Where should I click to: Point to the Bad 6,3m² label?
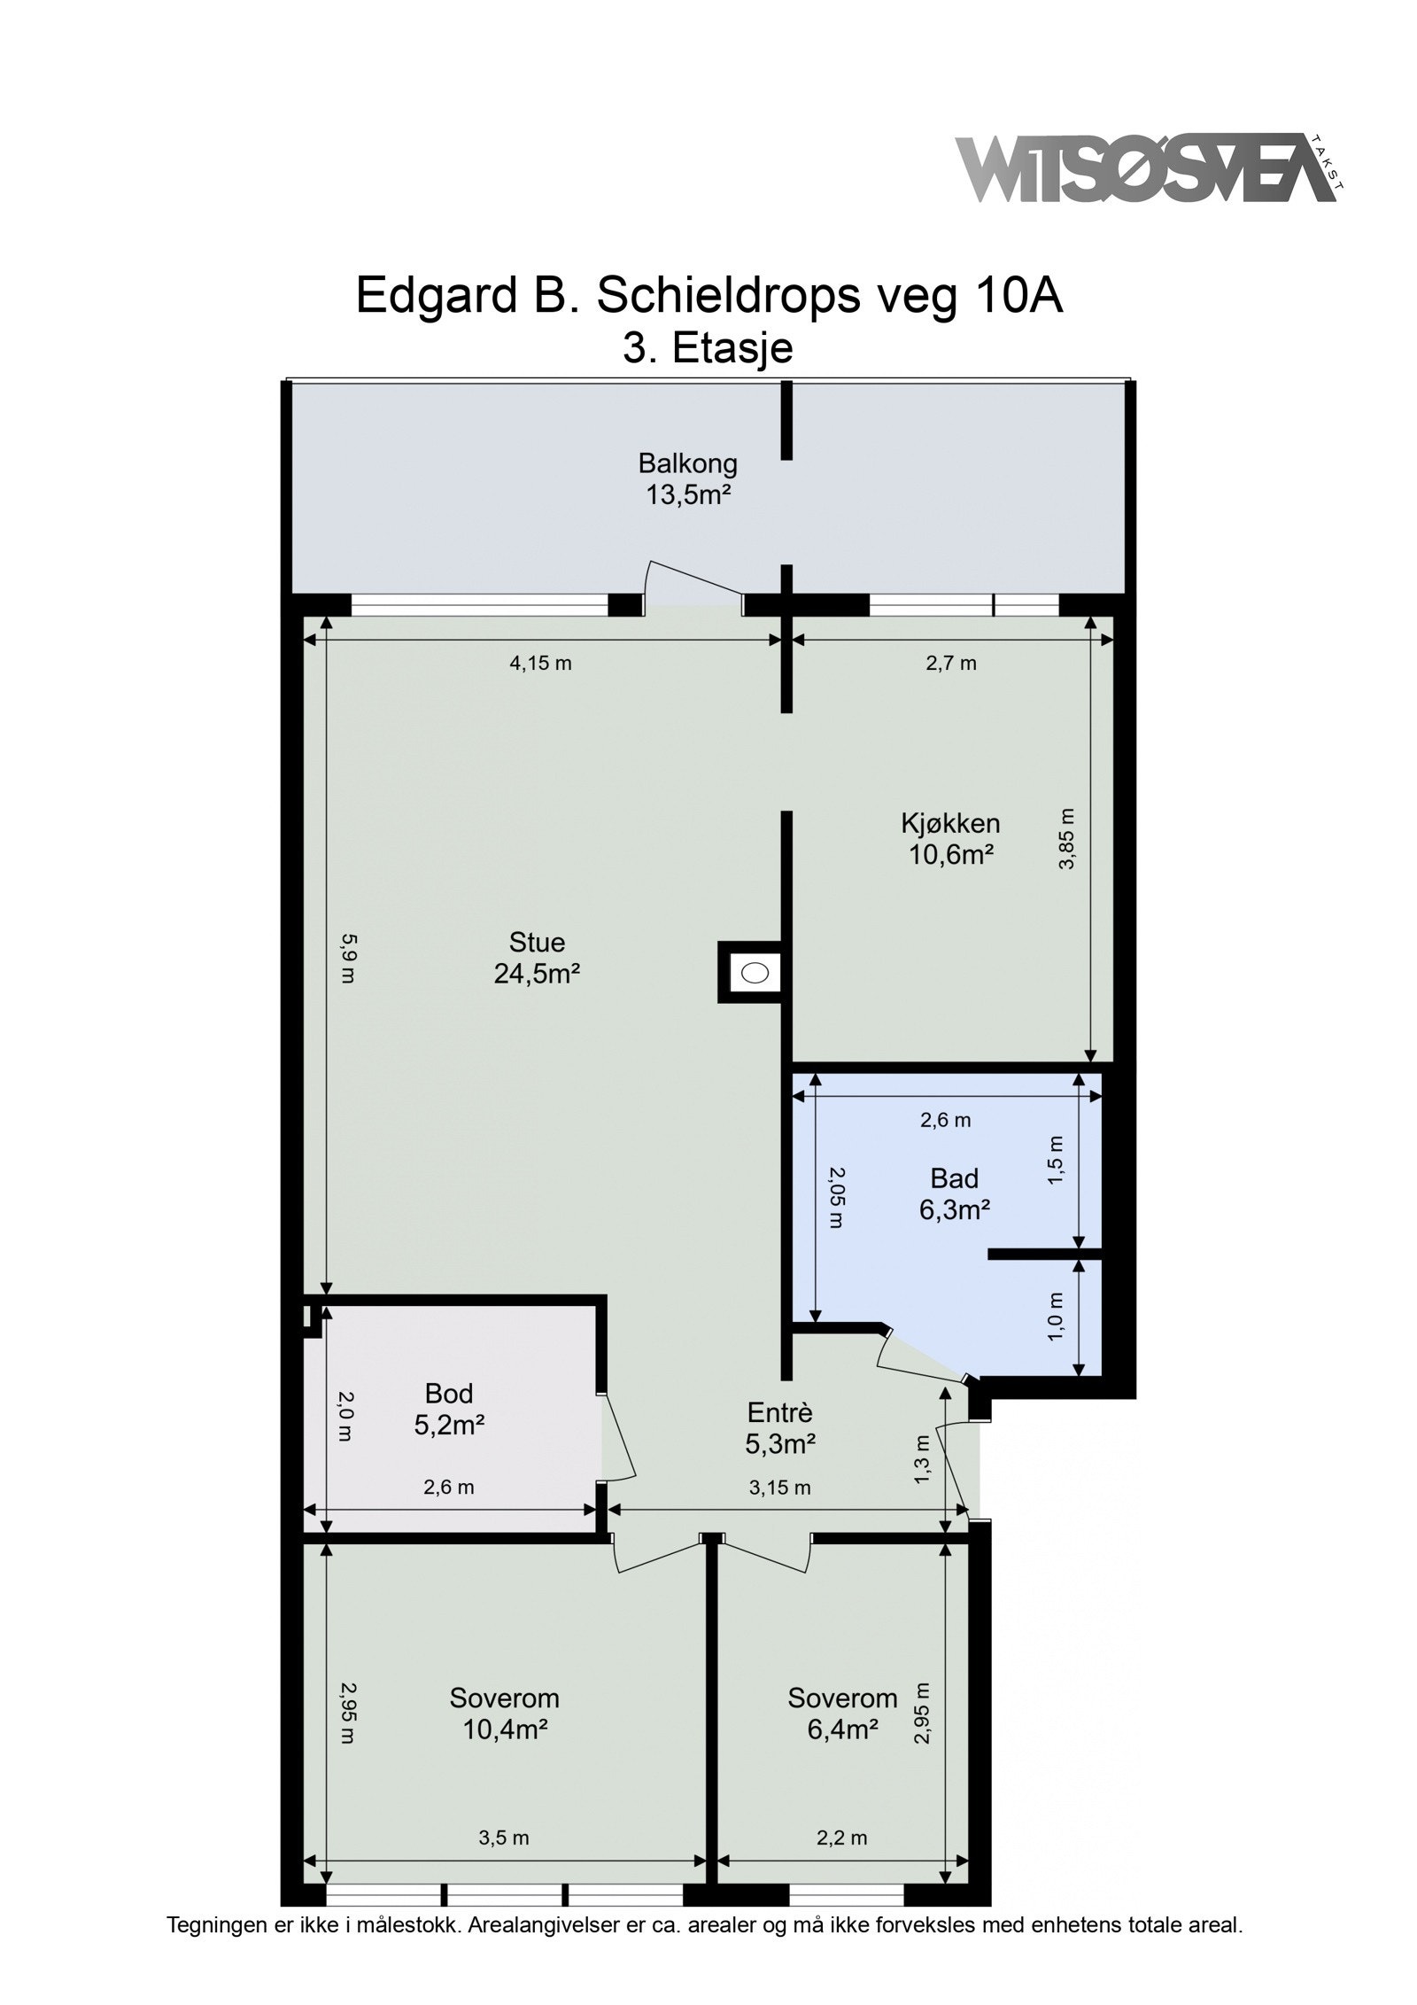pyautogui.click(x=954, y=1193)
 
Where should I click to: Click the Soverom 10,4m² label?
pyautogui.click(x=504, y=1713)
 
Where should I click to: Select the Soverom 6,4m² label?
pyautogui.click(x=842, y=1713)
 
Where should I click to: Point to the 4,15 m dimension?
pyautogui.click(x=540, y=663)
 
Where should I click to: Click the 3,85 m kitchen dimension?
pyautogui.click(x=1067, y=838)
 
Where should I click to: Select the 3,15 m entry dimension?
pyautogui.click(x=779, y=1488)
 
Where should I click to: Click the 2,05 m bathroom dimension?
pyautogui.click(x=837, y=1196)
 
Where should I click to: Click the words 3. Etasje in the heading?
pyautogui.click(x=708, y=347)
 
